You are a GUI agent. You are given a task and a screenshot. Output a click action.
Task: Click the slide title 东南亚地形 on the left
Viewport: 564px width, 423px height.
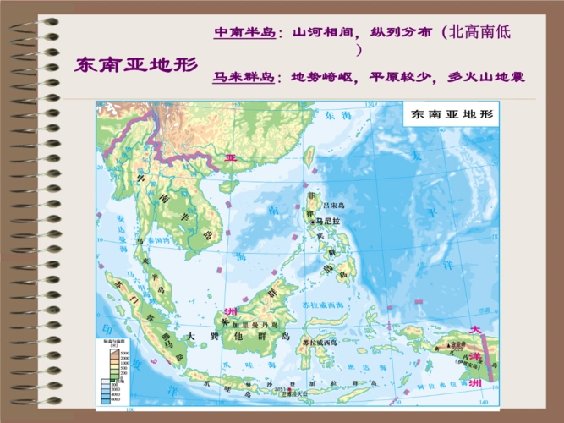(136, 64)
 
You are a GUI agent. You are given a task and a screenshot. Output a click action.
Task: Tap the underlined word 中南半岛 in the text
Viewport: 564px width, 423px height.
(244, 32)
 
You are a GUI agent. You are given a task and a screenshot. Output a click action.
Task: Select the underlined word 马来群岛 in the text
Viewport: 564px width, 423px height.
(244, 76)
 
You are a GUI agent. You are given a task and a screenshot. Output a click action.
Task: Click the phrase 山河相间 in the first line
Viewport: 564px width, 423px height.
(318, 32)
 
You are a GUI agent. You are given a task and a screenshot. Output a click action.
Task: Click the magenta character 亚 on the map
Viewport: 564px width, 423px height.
(231, 157)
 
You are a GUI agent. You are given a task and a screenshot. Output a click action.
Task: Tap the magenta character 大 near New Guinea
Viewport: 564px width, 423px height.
(476, 330)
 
